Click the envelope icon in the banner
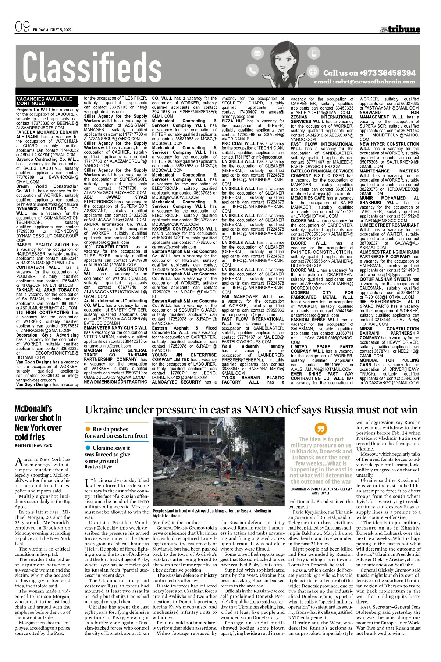(x=257, y=54)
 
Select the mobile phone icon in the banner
(x=313, y=54)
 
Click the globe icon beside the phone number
(x=313, y=71)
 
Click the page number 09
(x=22, y=27)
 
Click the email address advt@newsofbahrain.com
(x=364, y=82)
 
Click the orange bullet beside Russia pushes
(x=88, y=429)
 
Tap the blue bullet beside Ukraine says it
(x=88, y=448)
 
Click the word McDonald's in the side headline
(x=33, y=409)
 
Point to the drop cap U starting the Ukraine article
(x=88, y=483)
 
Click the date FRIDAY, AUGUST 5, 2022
(x=53, y=30)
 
